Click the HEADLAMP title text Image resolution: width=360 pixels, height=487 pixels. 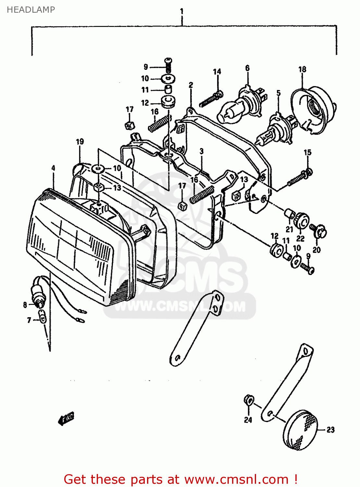pos(31,10)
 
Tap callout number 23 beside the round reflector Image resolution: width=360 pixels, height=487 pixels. pos(330,430)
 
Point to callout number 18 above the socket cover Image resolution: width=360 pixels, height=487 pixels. pos(302,69)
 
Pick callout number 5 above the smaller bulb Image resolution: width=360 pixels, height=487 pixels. pos(278,94)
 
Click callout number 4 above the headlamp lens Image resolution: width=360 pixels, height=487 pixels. pos(53,168)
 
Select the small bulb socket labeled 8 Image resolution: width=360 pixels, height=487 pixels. pos(38,293)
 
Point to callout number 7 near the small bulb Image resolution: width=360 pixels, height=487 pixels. pos(29,320)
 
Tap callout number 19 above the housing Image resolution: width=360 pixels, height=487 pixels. pos(80,142)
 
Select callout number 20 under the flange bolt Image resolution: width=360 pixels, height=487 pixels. pos(317,250)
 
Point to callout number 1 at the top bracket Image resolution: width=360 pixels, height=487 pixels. pos(182,11)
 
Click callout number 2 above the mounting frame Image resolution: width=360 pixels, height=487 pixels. pos(191,85)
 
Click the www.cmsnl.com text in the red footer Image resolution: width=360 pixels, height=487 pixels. pos(236,479)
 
